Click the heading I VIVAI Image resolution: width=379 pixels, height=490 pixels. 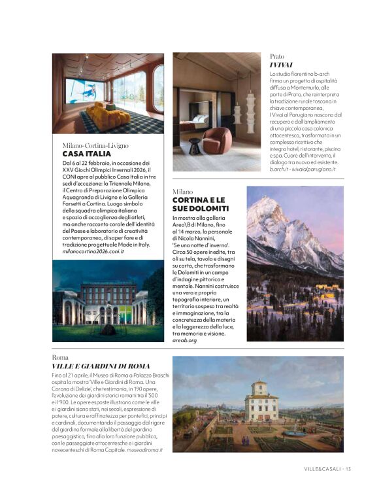(280, 65)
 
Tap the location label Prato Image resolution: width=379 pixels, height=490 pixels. (276, 57)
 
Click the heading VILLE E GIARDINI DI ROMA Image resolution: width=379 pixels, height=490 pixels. (101, 366)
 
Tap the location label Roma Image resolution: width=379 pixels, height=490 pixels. (60, 358)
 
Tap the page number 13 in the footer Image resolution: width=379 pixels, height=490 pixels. (348, 468)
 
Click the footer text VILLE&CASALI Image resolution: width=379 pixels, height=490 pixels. (323, 468)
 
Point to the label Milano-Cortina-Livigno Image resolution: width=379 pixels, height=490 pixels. (95, 145)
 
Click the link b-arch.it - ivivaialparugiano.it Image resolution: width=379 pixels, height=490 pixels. (303, 169)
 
